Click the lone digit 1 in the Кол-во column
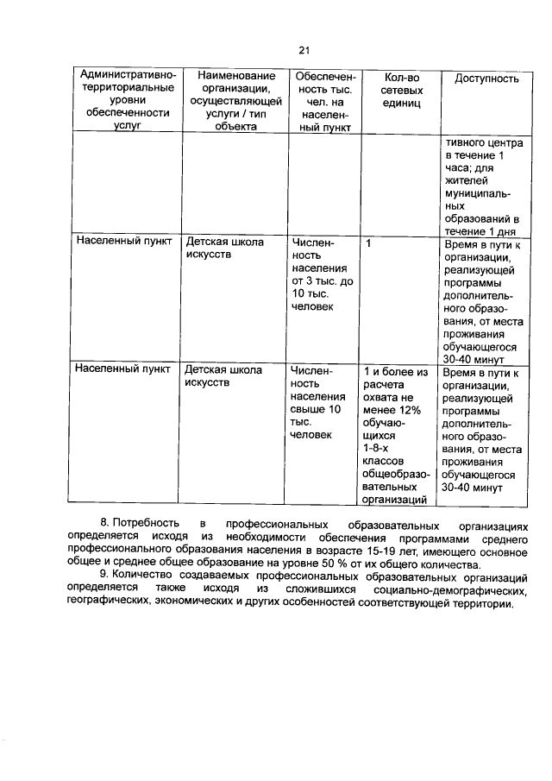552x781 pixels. [368, 244]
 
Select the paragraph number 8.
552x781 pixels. [104, 524]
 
